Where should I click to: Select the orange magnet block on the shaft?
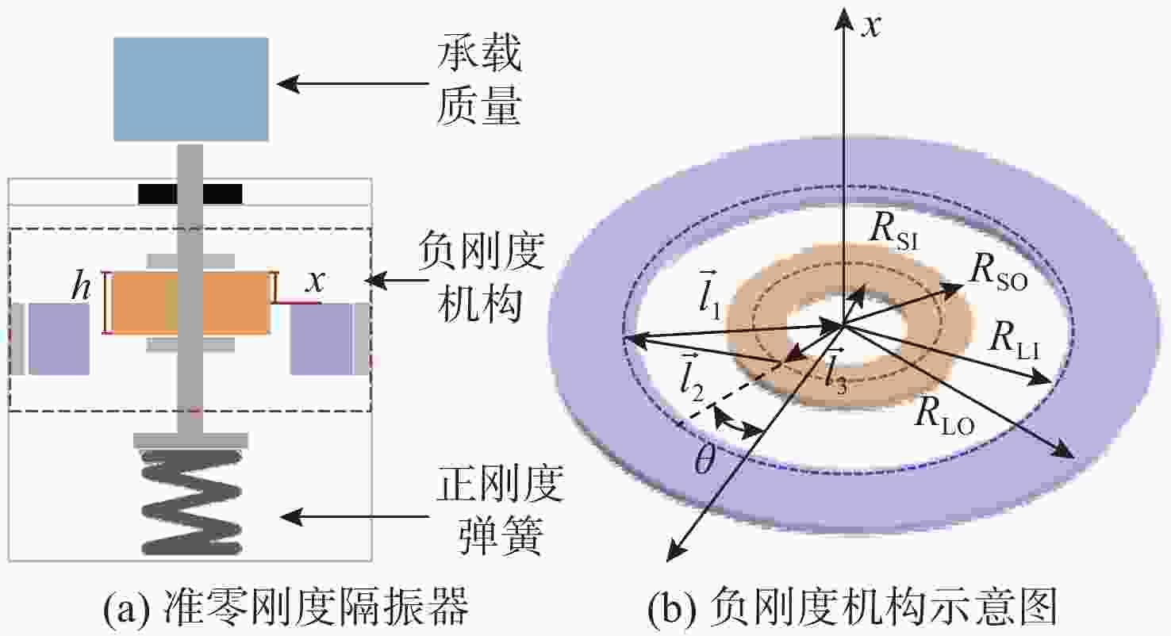pyautogui.click(x=190, y=302)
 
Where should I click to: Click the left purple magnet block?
pyautogui.click(x=59, y=339)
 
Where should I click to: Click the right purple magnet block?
pyautogui.click(x=321, y=339)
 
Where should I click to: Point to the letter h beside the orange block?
pyautogui.click(x=79, y=289)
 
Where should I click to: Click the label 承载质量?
pyautogui.click(x=478, y=83)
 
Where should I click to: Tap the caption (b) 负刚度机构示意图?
pyautogui.click(x=854, y=611)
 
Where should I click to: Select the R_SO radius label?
pyautogui.click(x=997, y=275)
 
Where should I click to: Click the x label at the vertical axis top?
pyautogui.click(x=873, y=25)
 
